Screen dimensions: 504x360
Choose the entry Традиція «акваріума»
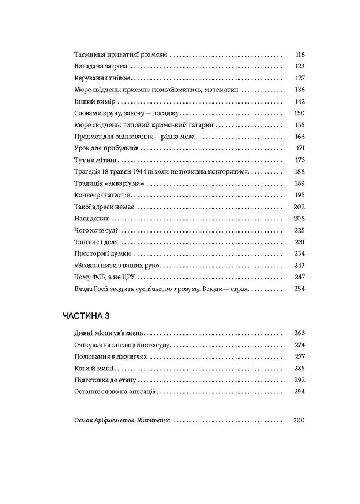(109, 183)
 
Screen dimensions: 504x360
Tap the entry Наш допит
(92, 219)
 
